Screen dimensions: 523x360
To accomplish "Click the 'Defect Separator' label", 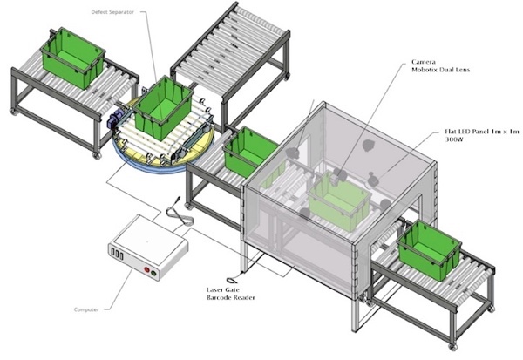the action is coord(112,12).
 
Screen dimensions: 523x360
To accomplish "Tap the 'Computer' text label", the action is coord(86,309).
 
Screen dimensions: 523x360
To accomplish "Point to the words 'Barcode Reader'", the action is coord(231,297).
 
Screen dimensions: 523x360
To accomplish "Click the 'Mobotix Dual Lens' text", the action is coord(440,70).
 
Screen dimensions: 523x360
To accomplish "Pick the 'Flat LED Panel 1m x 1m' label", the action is coord(482,132).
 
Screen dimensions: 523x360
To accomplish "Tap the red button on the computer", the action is coord(146,269).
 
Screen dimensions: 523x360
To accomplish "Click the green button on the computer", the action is coord(153,274).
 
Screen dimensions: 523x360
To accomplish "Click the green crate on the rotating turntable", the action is coord(164,107).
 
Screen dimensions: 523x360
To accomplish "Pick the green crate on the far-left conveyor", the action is coord(72,58).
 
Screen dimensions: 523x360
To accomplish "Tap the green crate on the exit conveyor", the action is coord(430,249).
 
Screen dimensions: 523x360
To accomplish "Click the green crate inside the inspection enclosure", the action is coord(340,200).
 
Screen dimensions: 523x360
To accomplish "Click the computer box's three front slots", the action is coord(117,253).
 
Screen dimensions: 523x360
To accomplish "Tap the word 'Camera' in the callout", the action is coord(424,62).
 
